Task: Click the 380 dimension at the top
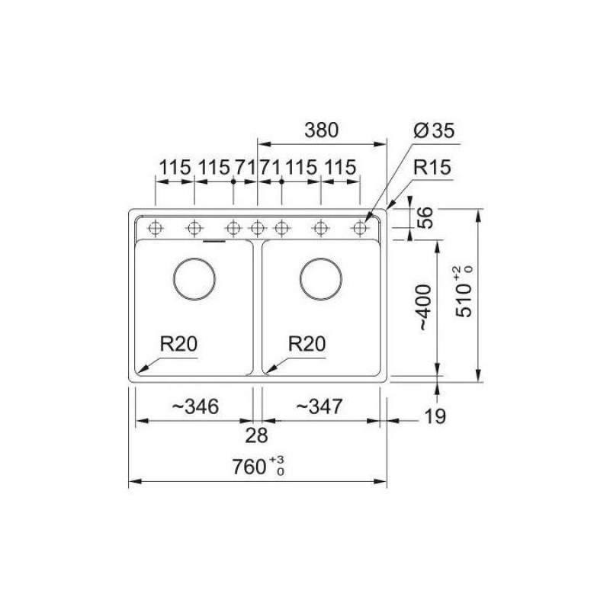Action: click(321, 130)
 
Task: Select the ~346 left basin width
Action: click(195, 407)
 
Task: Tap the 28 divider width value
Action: click(258, 435)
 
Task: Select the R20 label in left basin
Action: click(178, 344)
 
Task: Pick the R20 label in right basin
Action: click(308, 344)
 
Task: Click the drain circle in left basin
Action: click(194, 278)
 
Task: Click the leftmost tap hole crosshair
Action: click(156, 227)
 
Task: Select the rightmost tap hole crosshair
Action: click(359, 227)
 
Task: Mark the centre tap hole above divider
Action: click(258, 227)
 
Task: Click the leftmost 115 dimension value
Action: click(175, 168)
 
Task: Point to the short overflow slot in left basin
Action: click(213, 241)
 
